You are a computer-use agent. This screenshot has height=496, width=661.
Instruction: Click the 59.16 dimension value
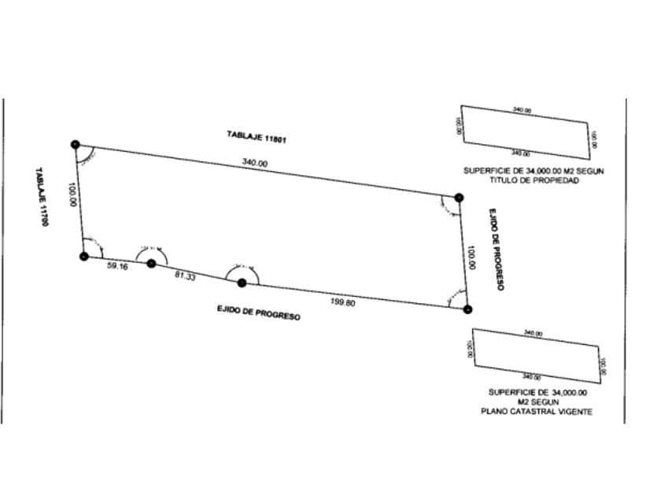116,267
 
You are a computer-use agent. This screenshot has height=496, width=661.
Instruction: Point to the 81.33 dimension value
185,276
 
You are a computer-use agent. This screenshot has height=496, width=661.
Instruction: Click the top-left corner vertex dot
75,144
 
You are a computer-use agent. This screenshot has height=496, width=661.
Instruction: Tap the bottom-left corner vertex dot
84,255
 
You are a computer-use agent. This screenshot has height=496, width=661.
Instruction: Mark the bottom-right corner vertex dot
467,309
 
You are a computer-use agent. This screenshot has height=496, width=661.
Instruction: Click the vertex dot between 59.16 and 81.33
152,264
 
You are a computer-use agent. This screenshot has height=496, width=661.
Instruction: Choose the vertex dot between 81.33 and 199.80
242,283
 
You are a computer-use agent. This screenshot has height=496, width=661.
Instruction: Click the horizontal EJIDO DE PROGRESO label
259,313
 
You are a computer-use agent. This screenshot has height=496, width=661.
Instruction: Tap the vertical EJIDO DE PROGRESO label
494,250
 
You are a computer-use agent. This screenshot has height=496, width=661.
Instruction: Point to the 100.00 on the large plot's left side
72,194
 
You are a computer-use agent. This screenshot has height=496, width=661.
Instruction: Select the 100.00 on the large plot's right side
471,257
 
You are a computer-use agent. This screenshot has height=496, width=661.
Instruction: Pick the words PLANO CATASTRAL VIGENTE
538,411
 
